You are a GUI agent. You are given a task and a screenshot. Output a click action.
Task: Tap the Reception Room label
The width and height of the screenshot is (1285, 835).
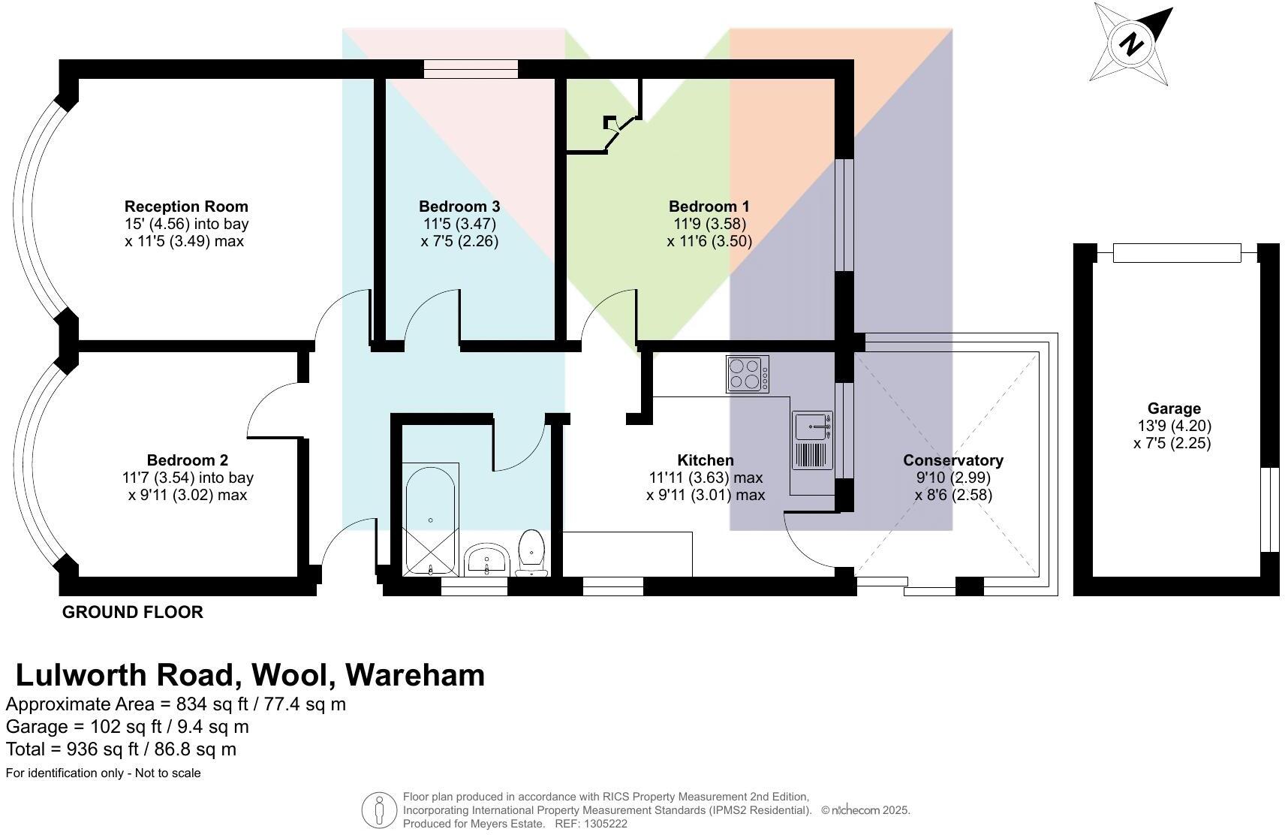[x=186, y=206]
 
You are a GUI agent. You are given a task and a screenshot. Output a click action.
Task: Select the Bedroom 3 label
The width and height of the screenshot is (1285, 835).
[x=459, y=206]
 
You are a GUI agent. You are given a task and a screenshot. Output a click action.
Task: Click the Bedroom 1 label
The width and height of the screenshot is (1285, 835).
[x=709, y=206]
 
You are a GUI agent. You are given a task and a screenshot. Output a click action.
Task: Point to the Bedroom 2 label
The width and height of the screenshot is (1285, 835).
[x=187, y=460]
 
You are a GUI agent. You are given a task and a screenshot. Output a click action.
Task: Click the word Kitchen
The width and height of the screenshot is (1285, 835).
[x=706, y=460]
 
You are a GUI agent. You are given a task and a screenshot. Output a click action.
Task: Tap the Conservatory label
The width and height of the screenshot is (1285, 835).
[x=952, y=460]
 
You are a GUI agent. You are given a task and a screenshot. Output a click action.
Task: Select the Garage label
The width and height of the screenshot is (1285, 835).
[x=1174, y=408]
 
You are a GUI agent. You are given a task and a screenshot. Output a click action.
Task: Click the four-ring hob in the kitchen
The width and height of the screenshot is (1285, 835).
[x=748, y=374]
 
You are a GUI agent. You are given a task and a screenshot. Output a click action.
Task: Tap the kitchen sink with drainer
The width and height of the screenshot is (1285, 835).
[x=812, y=441]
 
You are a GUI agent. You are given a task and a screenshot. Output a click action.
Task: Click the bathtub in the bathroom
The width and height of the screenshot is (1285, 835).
[x=431, y=518]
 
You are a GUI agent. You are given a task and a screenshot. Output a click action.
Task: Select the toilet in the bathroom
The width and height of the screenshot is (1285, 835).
[x=531, y=553]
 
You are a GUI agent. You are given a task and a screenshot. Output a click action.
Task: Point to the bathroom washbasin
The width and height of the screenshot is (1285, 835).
[x=488, y=559]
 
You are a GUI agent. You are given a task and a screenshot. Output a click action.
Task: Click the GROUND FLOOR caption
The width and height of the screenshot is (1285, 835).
[x=132, y=612]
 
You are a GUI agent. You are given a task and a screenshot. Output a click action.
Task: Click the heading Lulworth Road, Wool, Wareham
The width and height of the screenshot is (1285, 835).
[x=250, y=675]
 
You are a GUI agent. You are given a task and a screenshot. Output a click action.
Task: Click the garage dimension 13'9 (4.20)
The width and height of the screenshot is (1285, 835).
[x=1174, y=426]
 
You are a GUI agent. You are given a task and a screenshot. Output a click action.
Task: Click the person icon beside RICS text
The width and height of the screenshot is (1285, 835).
[x=379, y=811]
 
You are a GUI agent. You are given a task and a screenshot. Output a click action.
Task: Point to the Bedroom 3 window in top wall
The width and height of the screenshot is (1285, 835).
[x=471, y=69]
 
